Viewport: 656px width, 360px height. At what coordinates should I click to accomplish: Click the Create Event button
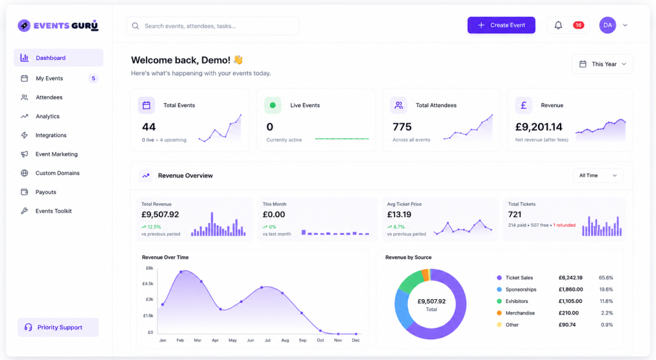click(501, 25)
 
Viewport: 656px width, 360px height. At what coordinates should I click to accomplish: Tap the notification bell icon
click(558, 26)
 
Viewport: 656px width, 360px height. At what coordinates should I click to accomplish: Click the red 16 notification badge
click(578, 25)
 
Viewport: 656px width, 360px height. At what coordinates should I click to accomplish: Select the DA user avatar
click(607, 25)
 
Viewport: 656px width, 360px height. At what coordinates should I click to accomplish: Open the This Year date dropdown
click(602, 64)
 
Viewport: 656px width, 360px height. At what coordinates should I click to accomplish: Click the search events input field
click(213, 26)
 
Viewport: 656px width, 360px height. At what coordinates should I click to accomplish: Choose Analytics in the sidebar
click(47, 116)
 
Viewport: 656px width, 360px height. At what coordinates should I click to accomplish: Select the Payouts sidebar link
click(45, 192)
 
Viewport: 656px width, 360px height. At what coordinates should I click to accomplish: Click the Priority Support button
click(58, 327)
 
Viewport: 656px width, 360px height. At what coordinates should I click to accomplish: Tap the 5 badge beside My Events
click(94, 78)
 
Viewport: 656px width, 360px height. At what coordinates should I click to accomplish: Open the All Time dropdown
click(598, 176)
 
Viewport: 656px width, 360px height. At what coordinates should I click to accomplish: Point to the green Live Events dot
click(272, 105)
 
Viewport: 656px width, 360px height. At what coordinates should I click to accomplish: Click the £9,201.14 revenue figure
click(539, 127)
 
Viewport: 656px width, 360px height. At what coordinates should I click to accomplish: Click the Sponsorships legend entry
click(516, 290)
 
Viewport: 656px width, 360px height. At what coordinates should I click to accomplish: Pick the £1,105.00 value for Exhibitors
click(570, 301)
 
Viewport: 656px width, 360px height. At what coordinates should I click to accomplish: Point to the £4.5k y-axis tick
click(149, 284)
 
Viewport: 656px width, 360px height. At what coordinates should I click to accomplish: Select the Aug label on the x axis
click(285, 340)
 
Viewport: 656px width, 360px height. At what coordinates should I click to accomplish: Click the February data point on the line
click(181, 272)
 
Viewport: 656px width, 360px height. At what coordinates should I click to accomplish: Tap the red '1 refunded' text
click(564, 225)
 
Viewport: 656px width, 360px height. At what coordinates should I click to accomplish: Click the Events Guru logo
click(58, 26)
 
